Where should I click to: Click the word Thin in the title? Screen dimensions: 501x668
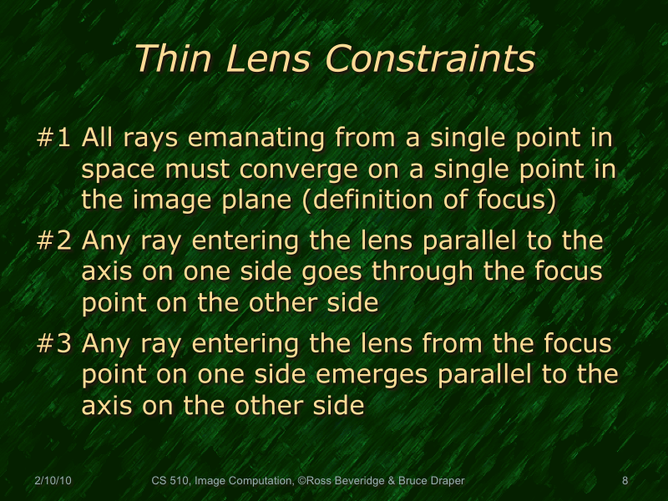[x=167, y=59]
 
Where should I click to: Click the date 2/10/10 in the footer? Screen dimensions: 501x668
[x=53, y=481]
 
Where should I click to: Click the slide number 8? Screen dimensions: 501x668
[x=625, y=481]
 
